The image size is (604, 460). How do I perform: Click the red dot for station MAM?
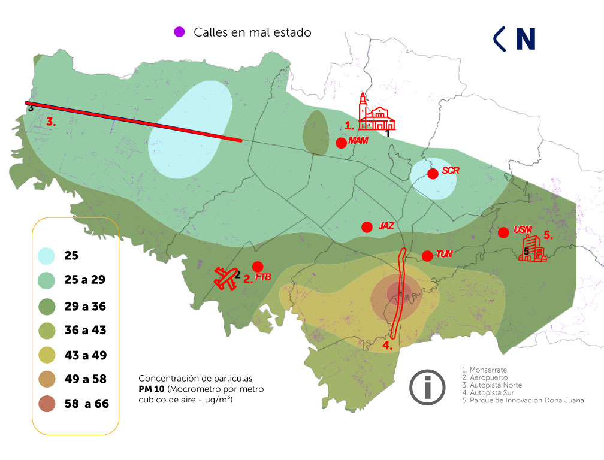341,143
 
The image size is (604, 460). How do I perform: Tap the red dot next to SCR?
432,174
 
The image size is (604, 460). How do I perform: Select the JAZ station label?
386,226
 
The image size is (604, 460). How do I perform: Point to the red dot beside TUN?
427,256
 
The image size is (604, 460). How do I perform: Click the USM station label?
523,230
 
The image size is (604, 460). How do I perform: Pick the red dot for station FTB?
258,266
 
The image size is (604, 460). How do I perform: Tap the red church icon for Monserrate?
377,113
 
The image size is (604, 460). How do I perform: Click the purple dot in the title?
179,32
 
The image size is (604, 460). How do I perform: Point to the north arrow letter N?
525,39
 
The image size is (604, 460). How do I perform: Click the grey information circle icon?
427,388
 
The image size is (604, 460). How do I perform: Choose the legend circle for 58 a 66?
47,403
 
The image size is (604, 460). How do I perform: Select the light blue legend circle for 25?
47,256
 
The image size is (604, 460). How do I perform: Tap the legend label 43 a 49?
86,355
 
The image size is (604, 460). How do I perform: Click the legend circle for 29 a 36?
47,306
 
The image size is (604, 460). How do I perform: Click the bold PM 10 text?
150,389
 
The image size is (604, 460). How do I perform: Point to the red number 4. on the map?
388,346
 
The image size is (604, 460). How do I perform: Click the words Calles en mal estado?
252,32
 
